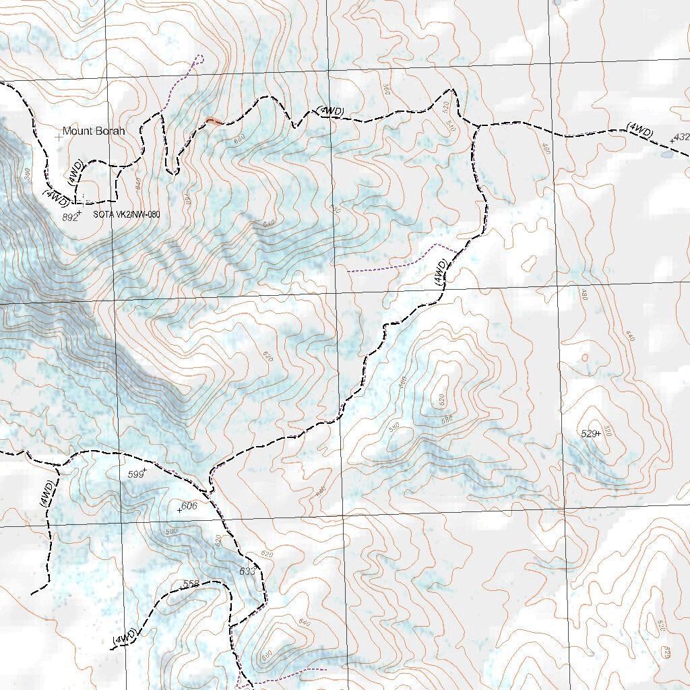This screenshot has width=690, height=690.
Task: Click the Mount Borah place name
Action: (x=94, y=131)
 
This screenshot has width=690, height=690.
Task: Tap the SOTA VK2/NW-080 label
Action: (x=127, y=214)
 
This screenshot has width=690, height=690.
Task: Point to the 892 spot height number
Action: (x=69, y=217)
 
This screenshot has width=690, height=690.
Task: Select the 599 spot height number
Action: (x=136, y=474)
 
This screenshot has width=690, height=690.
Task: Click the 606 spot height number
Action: (x=189, y=506)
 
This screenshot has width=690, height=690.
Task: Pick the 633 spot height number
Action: (x=247, y=571)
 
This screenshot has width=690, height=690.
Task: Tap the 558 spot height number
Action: (x=191, y=584)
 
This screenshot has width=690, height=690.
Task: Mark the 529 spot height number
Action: (x=589, y=433)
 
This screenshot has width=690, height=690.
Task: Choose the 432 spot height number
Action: (x=681, y=137)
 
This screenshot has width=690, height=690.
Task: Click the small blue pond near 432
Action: (x=666, y=154)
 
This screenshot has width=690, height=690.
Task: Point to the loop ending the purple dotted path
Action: (x=199, y=59)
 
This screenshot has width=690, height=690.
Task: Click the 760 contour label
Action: (x=188, y=200)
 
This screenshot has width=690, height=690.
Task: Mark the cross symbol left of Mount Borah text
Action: (x=59, y=135)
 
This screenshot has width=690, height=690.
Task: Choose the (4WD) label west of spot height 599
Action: (x=46, y=493)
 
